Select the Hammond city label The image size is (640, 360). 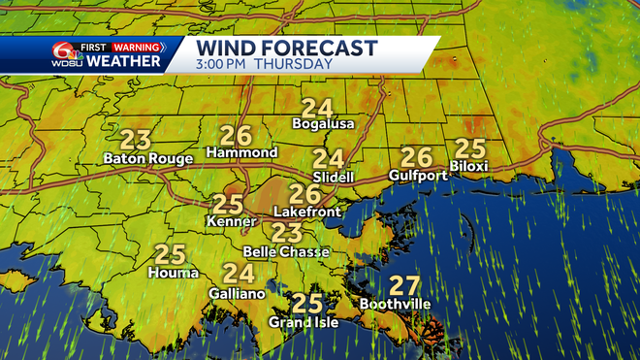pyautogui.click(x=242, y=152)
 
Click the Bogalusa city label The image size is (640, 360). pyautogui.click(x=324, y=124)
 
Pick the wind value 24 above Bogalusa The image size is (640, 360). pyautogui.click(x=316, y=108)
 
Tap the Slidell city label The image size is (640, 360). pyautogui.click(x=334, y=177)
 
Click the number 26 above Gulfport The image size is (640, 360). pyautogui.click(x=416, y=156)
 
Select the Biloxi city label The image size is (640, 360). pyautogui.click(x=469, y=166)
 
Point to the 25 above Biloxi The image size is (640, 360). pyautogui.click(x=469, y=147)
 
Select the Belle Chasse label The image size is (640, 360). pyautogui.click(x=286, y=251)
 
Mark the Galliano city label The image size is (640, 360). pyautogui.click(x=238, y=292)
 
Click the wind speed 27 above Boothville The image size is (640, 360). pyautogui.click(x=403, y=286)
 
